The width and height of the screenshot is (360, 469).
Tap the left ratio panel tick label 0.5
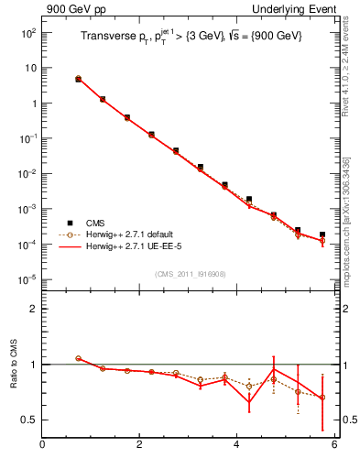click(28, 420)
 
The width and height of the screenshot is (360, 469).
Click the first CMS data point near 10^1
click(78, 80)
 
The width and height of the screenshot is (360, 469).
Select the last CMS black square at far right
click(322, 234)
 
